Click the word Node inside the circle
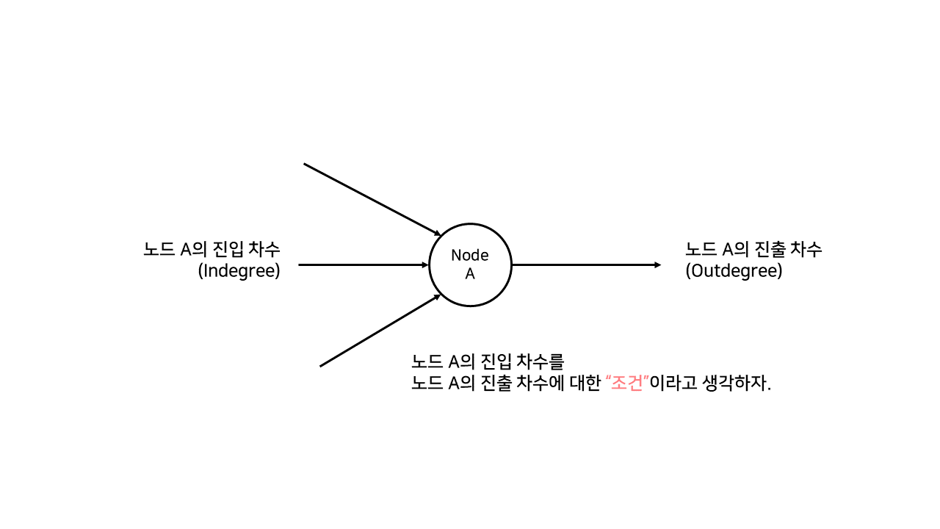(x=470, y=255)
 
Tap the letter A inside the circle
(x=470, y=274)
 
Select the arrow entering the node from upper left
(x=371, y=198)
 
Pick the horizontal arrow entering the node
(x=363, y=264)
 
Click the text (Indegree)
(x=239, y=270)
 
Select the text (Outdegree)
(x=734, y=270)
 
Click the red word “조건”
(x=626, y=384)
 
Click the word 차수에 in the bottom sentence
(x=546, y=384)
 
